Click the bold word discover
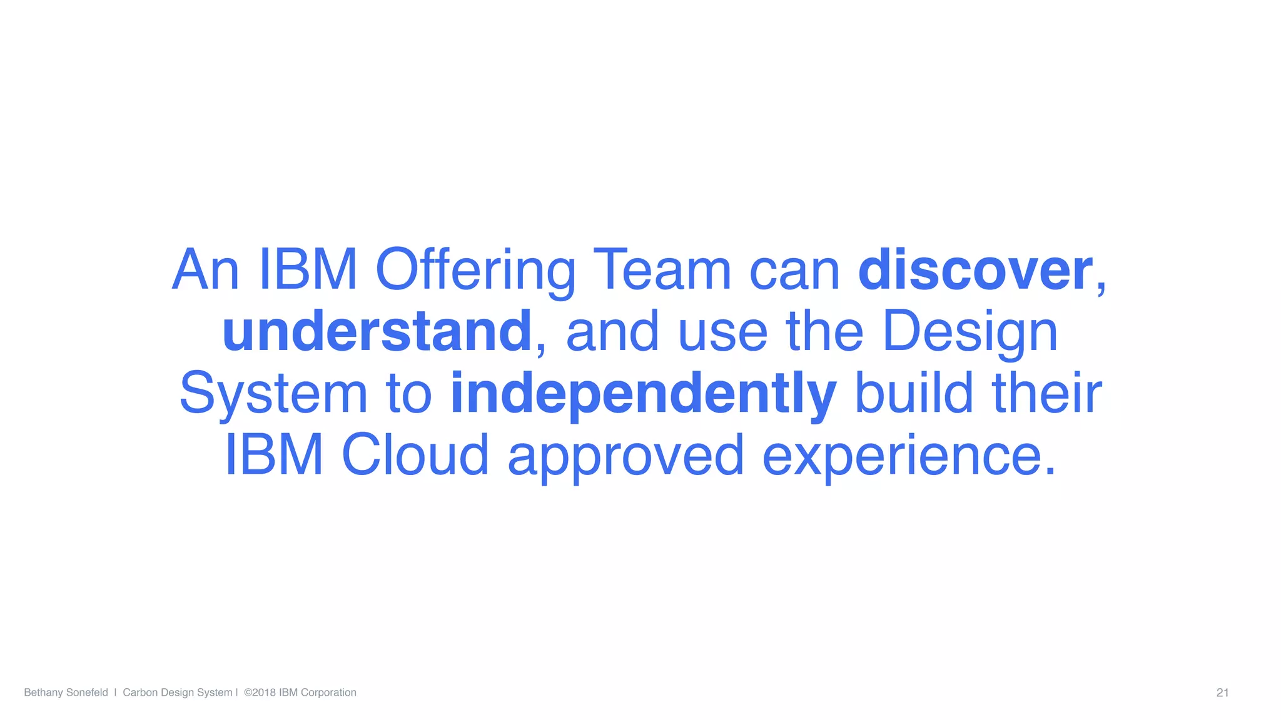(x=975, y=271)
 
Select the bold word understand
(x=377, y=332)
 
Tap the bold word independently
(x=643, y=394)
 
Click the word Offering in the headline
(x=475, y=271)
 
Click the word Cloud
(x=415, y=455)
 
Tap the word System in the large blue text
(x=273, y=394)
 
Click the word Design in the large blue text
(x=970, y=332)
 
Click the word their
(x=1047, y=394)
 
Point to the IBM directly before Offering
(x=308, y=271)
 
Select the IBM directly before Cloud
(x=274, y=455)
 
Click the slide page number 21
(x=1222, y=692)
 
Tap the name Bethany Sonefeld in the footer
(x=66, y=692)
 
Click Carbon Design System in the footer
(x=177, y=692)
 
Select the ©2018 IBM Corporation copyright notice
(x=300, y=692)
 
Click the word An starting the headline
(x=205, y=271)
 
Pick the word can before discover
(x=794, y=271)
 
